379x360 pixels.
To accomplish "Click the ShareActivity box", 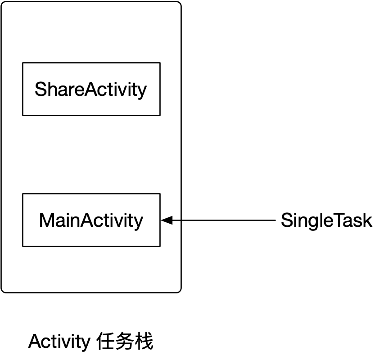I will click(x=91, y=89).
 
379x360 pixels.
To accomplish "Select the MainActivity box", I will click(x=91, y=220).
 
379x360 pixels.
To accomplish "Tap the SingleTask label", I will click(x=326, y=220).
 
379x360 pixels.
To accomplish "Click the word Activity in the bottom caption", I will click(x=59, y=342).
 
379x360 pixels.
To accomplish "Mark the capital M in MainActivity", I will click(x=46, y=220).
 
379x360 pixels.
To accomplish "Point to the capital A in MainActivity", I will click(x=88, y=220).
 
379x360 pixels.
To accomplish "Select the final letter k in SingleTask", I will click(x=368, y=220).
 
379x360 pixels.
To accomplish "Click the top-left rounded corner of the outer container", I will click(x=4, y=4).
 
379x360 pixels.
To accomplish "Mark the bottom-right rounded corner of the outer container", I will click(x=179, y=290).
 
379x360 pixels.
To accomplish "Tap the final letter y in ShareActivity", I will click(x=143, y=91).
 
